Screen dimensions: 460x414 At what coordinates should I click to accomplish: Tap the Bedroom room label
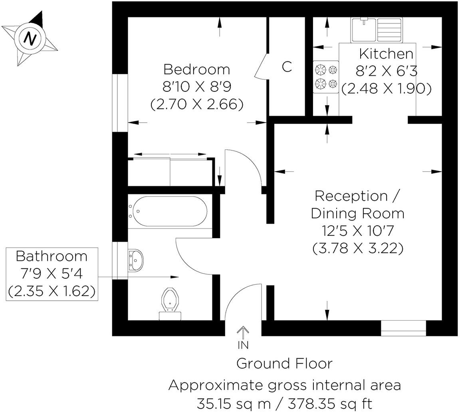coord(196,69)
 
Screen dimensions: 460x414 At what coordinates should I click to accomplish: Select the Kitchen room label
coord(386,53)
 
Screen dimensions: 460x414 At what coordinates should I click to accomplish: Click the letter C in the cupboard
coord(287,67)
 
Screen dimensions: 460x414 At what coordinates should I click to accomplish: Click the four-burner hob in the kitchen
coord(326,77)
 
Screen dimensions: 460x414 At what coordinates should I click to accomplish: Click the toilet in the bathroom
coord(171,303)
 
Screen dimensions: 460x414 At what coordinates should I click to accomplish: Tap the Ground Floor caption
coord(284,363)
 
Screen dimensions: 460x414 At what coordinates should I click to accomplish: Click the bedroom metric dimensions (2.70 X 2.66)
coord(196,104)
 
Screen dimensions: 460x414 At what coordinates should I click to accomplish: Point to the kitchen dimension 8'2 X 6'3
coord(386,71)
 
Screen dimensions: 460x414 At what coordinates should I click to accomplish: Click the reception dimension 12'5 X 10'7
coord(357,231)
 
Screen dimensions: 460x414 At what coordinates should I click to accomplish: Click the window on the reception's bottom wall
coord(403,327)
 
